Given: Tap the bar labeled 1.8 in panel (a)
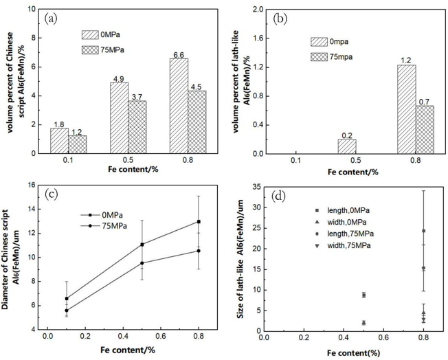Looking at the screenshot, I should click(x=60, y=141).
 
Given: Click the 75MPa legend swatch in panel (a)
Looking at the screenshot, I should click(x=91, y=50).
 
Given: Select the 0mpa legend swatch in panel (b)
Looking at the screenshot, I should click(x=320, y=42).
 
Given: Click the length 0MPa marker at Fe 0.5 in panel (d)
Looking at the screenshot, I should click(x=363, y=295).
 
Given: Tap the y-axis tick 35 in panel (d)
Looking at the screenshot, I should click(x=252, y=187).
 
